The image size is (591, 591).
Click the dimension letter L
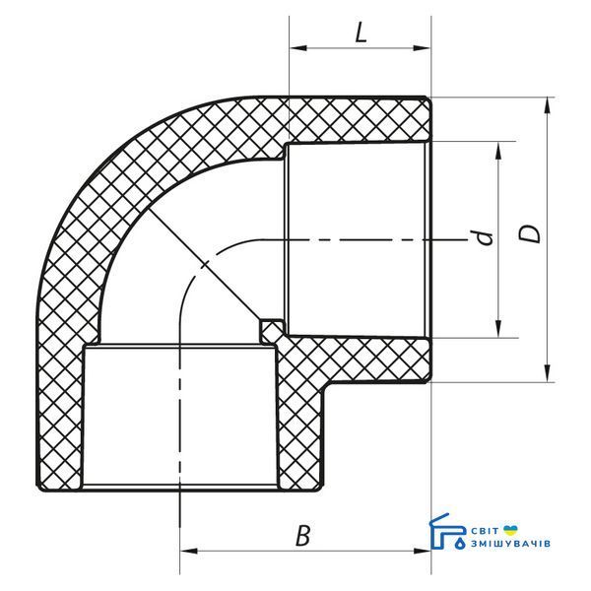(x=361, y=34)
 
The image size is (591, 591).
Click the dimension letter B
(x=302, y=536)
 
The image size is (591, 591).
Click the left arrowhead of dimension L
(x=298, y=48)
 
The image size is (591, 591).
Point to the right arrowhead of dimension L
(x=422, y=48)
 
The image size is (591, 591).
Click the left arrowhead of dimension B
(x=189, y=551)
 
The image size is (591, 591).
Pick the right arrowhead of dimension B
(x=422, y=551)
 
